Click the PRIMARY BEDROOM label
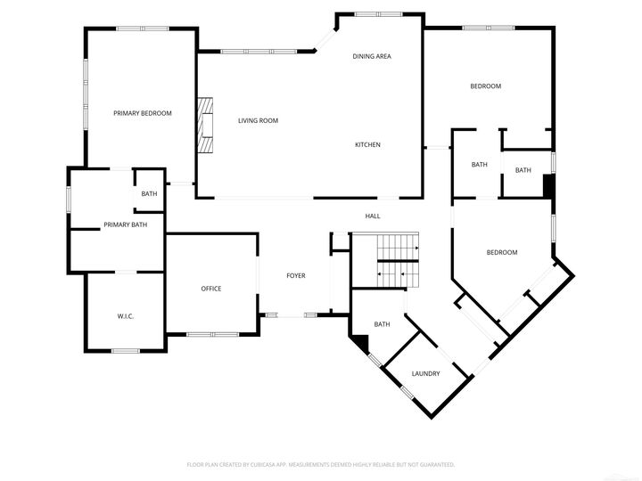(142, 113)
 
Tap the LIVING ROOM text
(258, 120)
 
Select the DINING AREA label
(372, 56)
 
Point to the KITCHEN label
(368, 144)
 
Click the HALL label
(373, 216)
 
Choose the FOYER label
(296, 275)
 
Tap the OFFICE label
(211, 289)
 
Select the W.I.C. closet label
(125, 316)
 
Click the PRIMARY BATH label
(126, 224)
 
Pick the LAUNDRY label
(425, 373)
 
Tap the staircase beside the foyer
(385, 259)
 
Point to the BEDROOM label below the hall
(501, 252)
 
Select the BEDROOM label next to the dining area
(486, 86)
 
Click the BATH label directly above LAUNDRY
(383, 324)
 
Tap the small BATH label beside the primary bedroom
(149, 194)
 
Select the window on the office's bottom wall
(212, 334)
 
